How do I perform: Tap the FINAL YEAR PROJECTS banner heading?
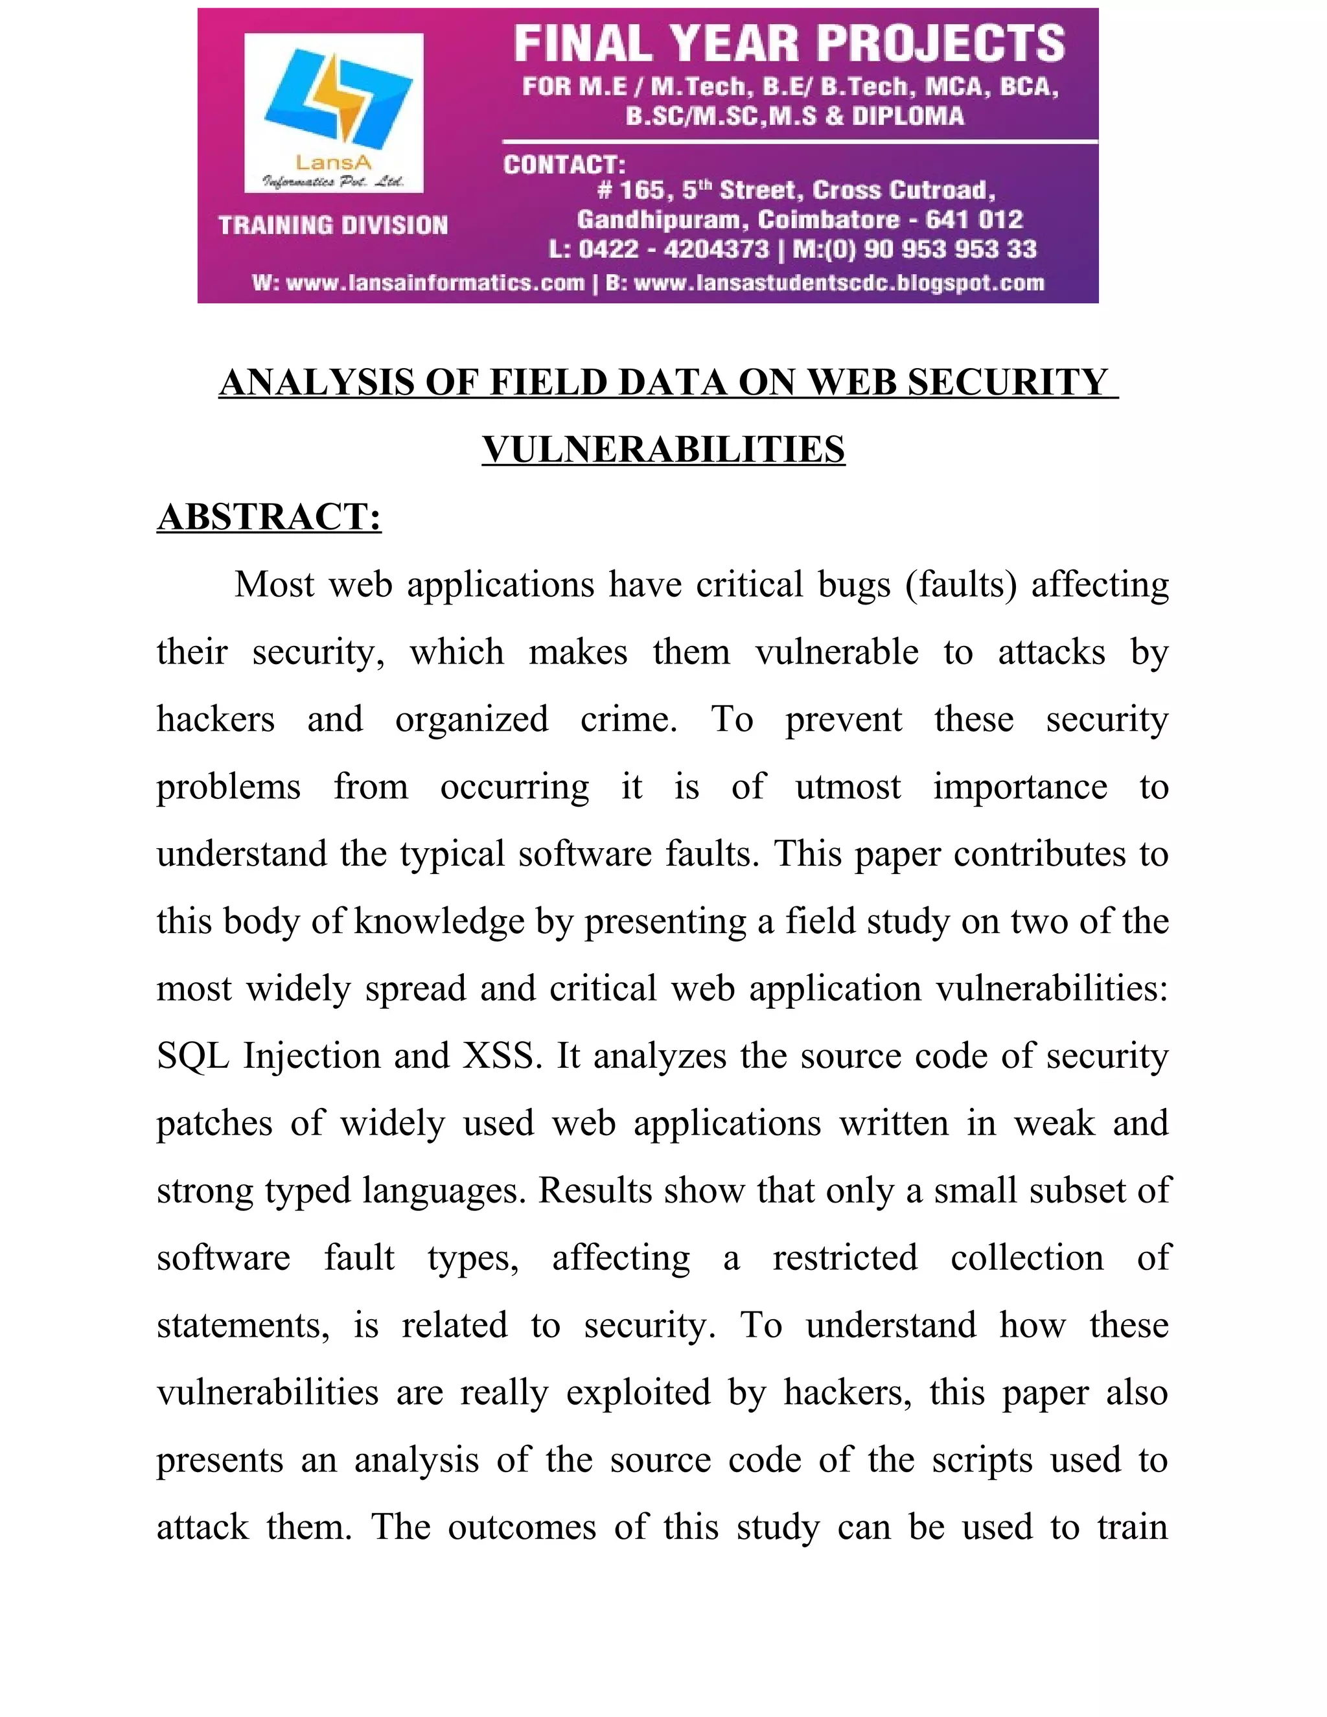pyautogui.click(x=789, y=44)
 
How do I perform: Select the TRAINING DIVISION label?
pyautogui.click(x=333, y=225)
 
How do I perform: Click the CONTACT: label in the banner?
pyautogui.click(x=564, y=165)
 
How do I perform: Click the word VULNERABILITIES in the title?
pyautogui.click(x=663, y=450)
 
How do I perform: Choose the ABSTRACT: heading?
pyautogui.click(x=269, y=517)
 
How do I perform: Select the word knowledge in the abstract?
pyautogui.click(x=439, y=921)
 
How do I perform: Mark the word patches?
pyautogui.click(x=214, y=1124)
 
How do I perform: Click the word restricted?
pyautogui.click(x=844, y=1258)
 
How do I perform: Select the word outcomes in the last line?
pyautogui.click(x=522, y=1527)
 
